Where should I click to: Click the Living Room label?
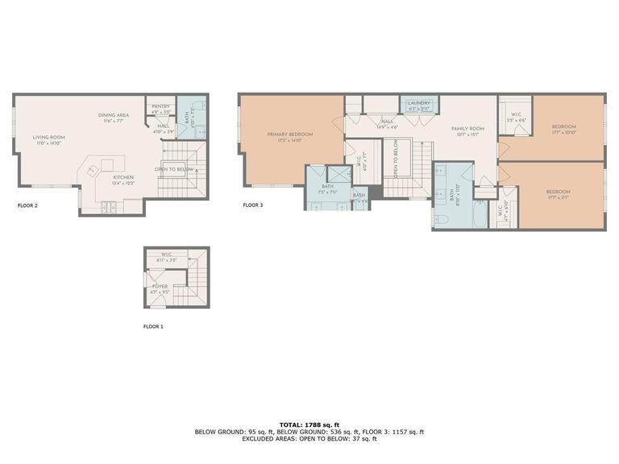click(x=48, y=137)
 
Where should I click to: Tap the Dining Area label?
click(x=114, y=115)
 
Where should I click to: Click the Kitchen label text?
click(x=123, y=177)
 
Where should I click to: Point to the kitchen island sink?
click(x=92, y=170)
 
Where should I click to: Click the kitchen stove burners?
click(x=109, y=207)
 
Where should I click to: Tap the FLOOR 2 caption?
click(x=27, y=205)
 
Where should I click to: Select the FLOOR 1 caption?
click(x=153, y=327)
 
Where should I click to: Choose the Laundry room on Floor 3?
click(x=419, y=105)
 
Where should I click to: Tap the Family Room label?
click(x=467, y=129)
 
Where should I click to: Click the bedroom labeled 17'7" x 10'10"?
click(x=564, y=127)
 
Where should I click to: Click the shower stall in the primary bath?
click(x=338, y=175)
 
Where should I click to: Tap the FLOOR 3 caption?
click(x=252, y=205)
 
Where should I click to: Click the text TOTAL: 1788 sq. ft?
click(x=309, y=424)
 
